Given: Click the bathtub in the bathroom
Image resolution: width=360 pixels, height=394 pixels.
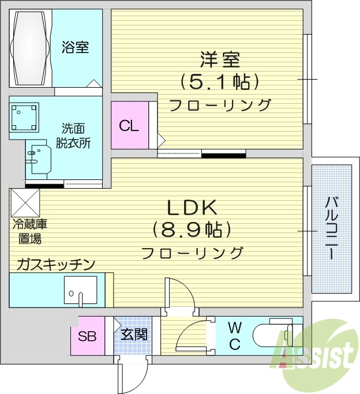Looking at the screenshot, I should tap(30, 48).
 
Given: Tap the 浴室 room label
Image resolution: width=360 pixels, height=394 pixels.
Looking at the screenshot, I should tap(76, 47).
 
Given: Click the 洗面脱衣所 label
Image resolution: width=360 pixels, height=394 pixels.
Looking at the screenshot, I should tap(73, 136).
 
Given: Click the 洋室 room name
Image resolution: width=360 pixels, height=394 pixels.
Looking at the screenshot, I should tap(220, 59).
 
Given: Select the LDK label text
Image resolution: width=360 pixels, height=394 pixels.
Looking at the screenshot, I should tap(191, 207).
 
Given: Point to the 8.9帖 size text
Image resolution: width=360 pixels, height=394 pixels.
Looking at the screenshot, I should tap(192, 230).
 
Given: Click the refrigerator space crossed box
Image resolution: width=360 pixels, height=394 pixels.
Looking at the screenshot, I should tap(25, 202).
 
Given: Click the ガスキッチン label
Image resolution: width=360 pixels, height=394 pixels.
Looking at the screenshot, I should tap(56, 264).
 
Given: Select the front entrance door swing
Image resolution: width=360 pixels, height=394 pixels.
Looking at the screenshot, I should tap(127, 375).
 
